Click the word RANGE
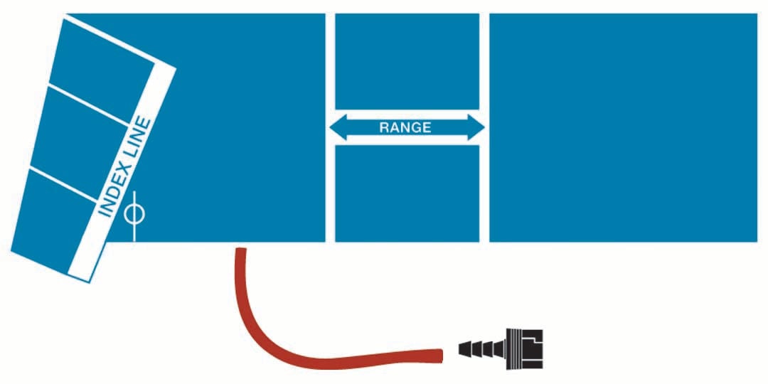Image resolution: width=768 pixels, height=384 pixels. [x=405, y=128]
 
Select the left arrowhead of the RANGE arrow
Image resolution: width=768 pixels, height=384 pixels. [x=338, y=127]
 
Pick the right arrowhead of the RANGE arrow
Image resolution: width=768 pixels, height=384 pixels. [x=476, y=127]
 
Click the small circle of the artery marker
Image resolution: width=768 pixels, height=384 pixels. [x=134, y=215]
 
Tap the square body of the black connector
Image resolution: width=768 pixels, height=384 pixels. [x=526, y=348]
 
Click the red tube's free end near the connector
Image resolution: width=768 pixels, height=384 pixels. [x=440, y=356]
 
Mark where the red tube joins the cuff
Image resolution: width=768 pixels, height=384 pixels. [x=240, y=250]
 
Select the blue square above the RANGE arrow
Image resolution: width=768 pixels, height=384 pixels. [x=407, y=61]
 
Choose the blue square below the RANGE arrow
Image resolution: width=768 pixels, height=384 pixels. [x=407, y=193]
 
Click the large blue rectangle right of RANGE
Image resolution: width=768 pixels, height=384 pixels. [x=623, y=127]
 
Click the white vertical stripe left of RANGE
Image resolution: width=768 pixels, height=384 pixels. [x=330, y=127]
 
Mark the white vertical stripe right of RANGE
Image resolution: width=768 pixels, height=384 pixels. [x=484, y=127]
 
